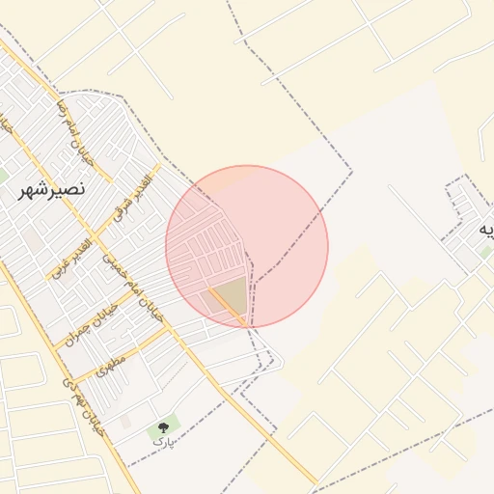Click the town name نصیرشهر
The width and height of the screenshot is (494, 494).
pos(53,191)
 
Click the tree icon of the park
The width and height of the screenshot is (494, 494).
pos(162,426)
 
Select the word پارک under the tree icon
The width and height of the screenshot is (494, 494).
pos(166,443)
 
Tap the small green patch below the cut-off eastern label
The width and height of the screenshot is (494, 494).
pos(484,252)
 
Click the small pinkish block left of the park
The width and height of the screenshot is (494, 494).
pos(126,422)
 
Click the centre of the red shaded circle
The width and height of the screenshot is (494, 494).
pos(247,247)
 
